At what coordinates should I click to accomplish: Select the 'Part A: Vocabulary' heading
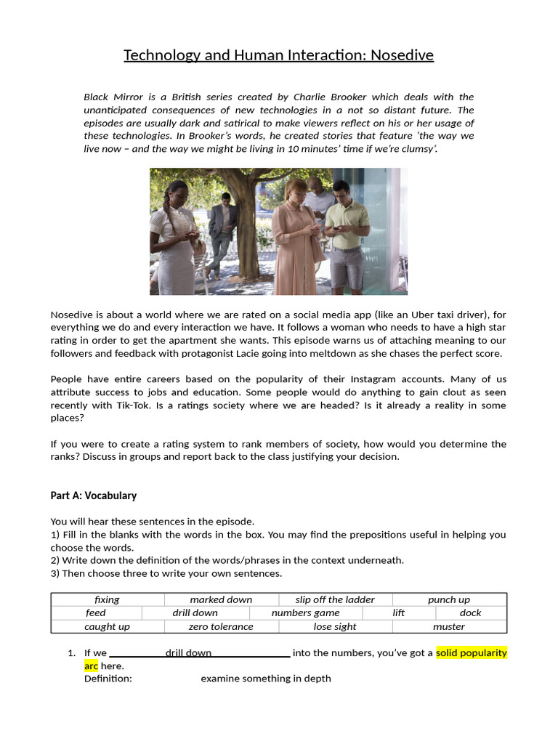93,496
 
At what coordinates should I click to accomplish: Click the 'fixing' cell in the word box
107,599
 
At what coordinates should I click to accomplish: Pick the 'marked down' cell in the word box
221,599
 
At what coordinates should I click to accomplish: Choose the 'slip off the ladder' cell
335,599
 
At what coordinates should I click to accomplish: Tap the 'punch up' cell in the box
448,599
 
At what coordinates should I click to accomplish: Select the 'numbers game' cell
305,612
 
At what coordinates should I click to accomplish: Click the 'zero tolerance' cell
221,626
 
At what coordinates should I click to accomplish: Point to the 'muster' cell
448,626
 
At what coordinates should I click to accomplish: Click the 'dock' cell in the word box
470,612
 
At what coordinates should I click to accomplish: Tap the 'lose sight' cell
335,626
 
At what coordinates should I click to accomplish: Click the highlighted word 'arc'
91,666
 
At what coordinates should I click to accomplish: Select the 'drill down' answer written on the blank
188,653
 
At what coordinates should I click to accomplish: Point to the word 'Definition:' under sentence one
108,679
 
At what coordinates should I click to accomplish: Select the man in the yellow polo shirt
347,232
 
